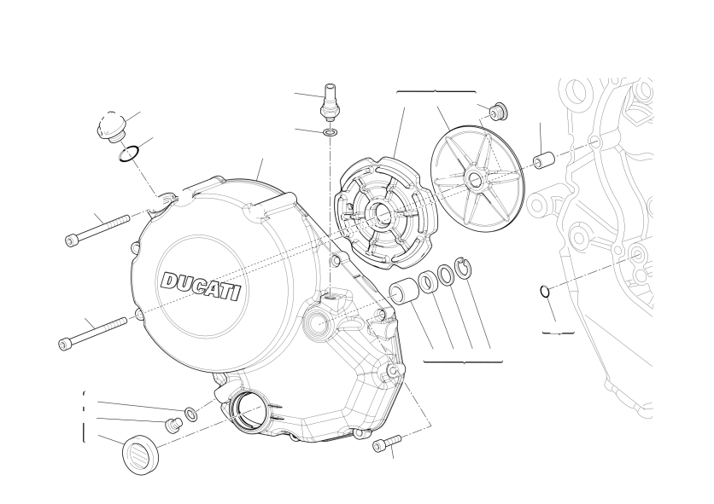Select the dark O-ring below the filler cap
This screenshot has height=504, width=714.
tap(129, 154)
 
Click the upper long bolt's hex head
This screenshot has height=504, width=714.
tap(71, 240)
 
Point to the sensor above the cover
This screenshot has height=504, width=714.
tap(329, 101)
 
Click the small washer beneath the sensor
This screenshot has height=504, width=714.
tap(331, 133)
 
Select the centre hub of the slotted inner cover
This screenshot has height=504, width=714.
tap(382, 212)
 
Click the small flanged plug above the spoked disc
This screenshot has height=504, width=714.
tap(498, 112)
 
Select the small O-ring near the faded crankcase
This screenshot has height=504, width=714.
tap(545, 291)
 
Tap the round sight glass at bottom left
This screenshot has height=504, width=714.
tap(141, 455)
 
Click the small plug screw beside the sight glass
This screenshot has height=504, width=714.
tap(173, 426)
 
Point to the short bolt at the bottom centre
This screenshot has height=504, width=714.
tap(387, 443)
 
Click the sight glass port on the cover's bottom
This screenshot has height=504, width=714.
tap(248, 411)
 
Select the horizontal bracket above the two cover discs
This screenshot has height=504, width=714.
tap(436, 92)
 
